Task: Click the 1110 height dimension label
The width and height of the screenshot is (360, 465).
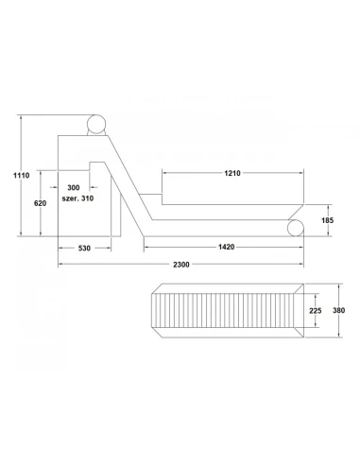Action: tap(22, 175)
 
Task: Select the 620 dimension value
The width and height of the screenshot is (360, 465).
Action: tap(41, 203)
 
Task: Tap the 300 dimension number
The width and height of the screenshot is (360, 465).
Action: tap(74, 188)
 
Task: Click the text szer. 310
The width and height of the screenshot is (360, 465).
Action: tap(77, 198)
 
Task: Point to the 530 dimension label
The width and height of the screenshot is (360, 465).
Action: tap(84, 249)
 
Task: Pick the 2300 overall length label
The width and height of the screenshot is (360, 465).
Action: tap(181, 265)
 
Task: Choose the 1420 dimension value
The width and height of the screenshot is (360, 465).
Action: tap(227, 247)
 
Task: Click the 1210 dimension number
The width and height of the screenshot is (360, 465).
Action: tap(232, 173)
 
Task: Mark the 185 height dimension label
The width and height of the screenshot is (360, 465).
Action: tap(328, 220)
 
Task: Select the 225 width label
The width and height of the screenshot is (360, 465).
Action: tap(316, 311)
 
